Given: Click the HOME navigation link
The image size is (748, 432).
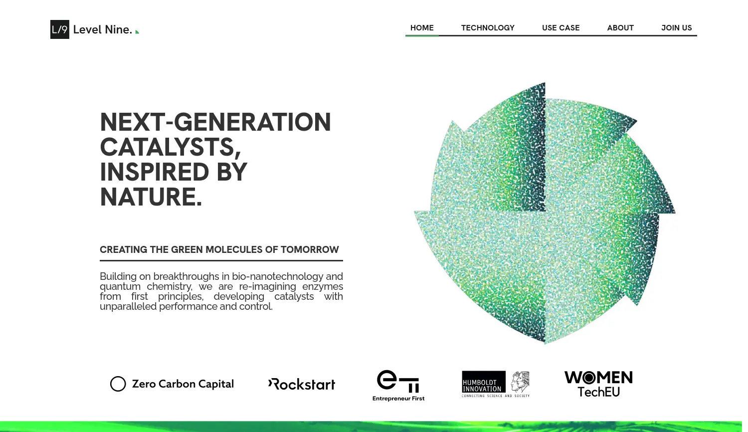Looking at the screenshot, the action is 422,28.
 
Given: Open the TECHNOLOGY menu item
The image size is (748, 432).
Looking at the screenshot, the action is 488,28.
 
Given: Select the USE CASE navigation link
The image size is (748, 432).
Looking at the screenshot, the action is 561,28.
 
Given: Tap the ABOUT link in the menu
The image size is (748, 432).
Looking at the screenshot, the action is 620,28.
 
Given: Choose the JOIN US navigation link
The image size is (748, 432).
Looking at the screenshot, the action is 677,28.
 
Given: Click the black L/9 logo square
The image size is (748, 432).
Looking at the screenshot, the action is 60,29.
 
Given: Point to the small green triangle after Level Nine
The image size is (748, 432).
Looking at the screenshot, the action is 137,32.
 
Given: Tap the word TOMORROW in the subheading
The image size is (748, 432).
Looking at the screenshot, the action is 310,249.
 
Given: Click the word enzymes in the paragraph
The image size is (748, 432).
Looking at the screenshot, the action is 323,287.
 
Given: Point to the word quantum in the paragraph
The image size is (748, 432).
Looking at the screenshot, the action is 120,287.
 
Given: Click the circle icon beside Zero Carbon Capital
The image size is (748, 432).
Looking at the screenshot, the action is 118,384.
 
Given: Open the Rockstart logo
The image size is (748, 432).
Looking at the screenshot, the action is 302,384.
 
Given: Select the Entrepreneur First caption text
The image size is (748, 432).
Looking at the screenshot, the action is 398,398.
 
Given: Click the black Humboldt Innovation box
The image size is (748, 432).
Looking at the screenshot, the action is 484,382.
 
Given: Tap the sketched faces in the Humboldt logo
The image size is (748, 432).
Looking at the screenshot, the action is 520,382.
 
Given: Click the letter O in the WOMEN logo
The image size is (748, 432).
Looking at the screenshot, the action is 589,378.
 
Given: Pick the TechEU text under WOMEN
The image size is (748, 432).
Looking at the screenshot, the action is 599,392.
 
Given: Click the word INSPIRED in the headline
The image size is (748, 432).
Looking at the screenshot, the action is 154,172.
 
